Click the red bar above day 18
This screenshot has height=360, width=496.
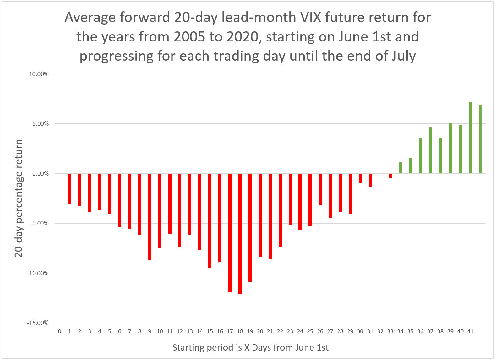coord(240,234)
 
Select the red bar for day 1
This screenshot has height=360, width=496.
coord(69,189)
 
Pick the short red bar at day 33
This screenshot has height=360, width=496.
coord(390,176)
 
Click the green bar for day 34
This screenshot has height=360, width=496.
coord(400,168)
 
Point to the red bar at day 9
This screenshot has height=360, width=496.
coord(150,217)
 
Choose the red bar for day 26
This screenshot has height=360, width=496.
coord(320,189)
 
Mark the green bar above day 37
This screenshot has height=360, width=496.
coord(430,150)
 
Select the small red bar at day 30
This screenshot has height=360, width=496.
coord(360,178)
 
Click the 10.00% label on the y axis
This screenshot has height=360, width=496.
coord(39,74)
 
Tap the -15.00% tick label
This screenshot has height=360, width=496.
coord(38,323)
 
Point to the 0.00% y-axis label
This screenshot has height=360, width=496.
coord(41,174)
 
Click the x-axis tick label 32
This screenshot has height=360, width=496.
coord(380,331)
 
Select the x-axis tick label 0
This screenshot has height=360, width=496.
coord(60,331)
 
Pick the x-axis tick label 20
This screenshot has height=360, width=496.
coord(260,331)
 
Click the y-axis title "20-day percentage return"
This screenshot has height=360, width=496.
coord(19,199)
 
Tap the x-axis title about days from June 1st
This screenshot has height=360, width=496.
coord(250,347)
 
